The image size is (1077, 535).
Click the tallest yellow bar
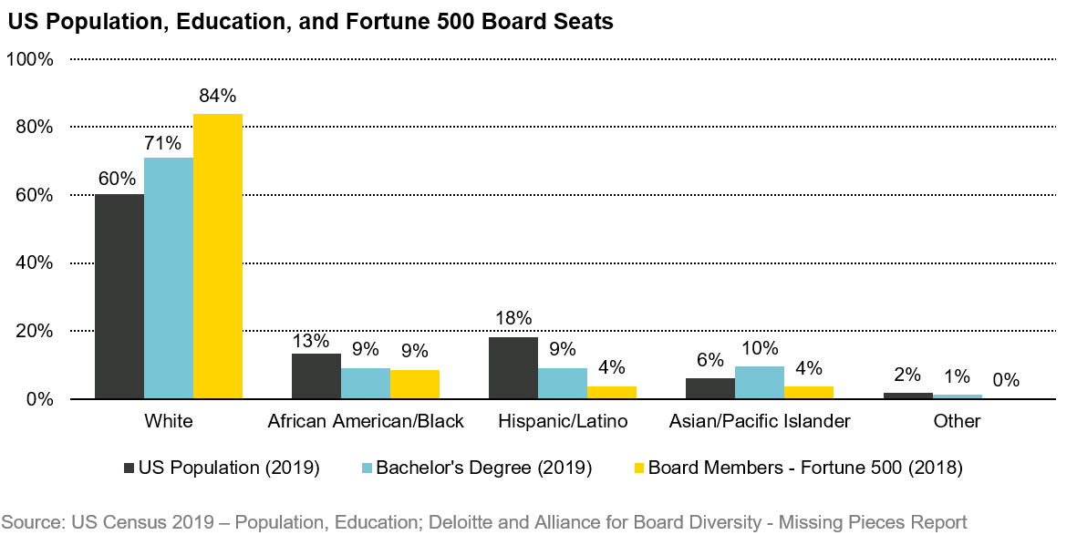pos(218,256)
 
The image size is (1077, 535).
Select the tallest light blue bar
pos(169,278)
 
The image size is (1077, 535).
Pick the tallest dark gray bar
pos(119,296)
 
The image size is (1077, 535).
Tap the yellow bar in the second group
pos(415,384)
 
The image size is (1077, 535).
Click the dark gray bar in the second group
pos(316,376)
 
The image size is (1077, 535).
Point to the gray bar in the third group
pos(513,367)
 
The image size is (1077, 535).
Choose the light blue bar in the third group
pos(563,383)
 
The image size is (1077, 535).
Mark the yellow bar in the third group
pos(612,392)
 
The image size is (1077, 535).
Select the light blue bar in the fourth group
pos(760,382)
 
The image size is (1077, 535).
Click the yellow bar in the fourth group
pos(809,392)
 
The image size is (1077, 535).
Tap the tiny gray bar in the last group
pos(908,396)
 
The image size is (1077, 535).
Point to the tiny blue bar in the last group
pos(958,396)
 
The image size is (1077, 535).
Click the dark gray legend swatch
pos(129,468)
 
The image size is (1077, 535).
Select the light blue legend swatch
pos(367,468)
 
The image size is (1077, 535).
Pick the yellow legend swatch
pos(639,468)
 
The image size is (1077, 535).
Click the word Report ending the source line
pos(938,522)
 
